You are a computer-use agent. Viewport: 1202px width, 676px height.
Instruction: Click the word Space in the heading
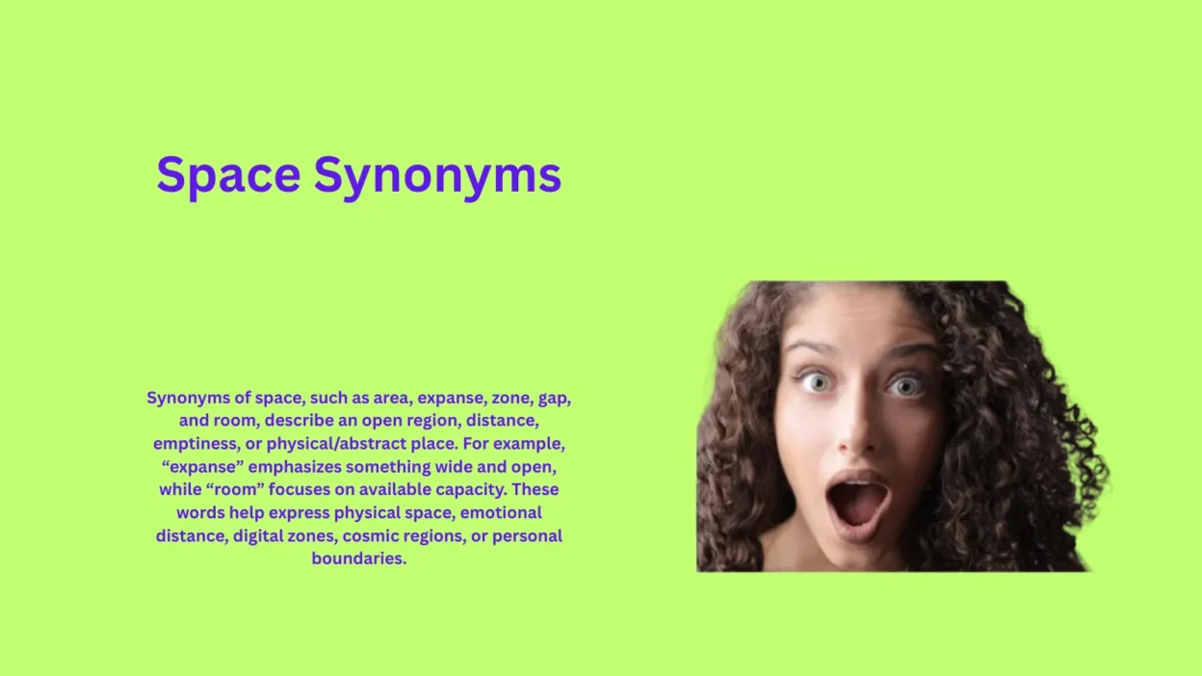click(228, 176)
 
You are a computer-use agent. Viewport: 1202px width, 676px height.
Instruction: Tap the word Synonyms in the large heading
click(437, 176)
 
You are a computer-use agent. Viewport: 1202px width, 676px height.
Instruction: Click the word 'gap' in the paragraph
click(554, 398)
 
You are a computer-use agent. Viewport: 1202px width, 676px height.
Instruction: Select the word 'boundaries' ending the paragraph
click(358, 559)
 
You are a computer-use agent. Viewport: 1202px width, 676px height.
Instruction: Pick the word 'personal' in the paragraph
click(527, 535)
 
